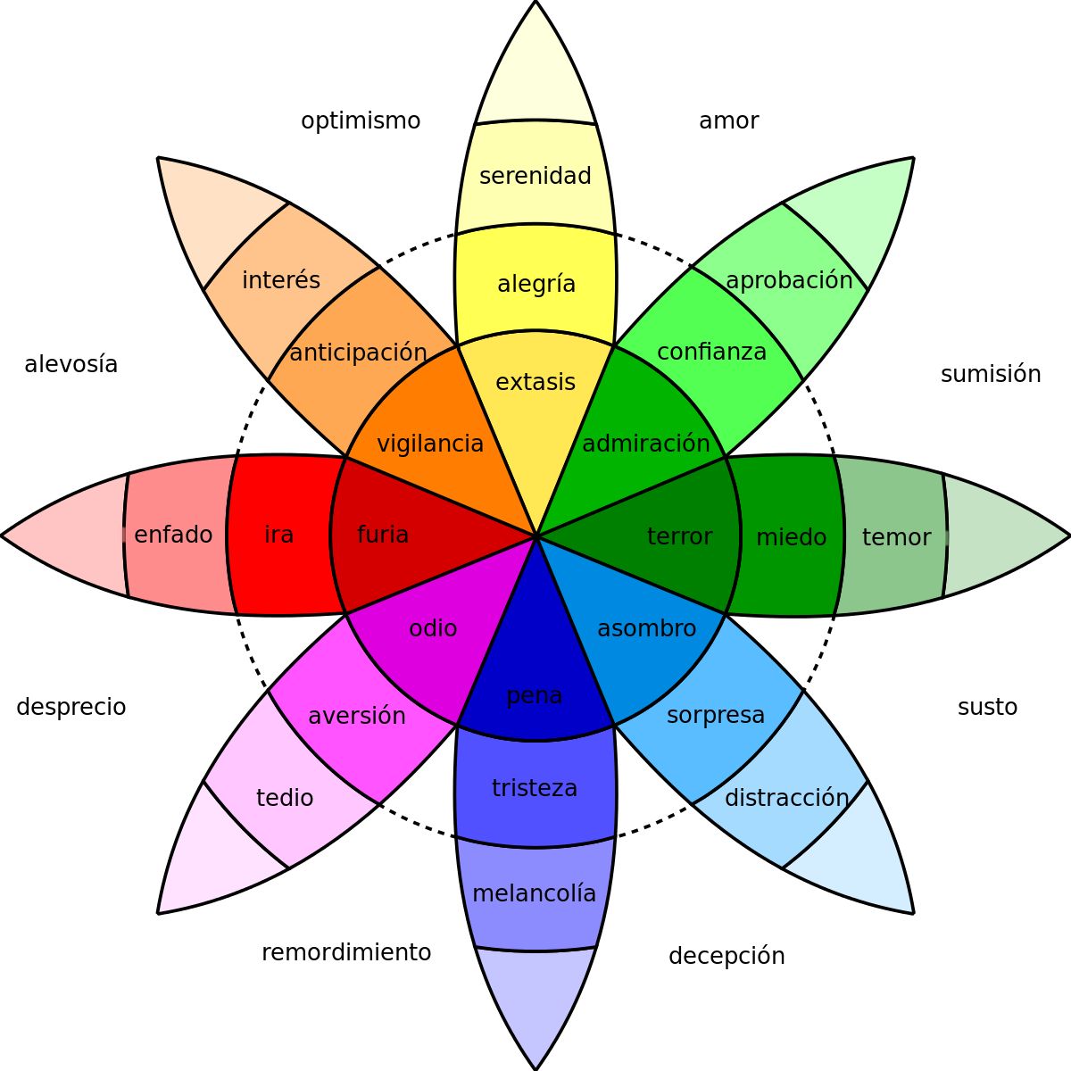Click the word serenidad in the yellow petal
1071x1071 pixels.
(x=535, y=176)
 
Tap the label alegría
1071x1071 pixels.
(x=536, y=285)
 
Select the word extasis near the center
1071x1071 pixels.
(x=535, y=382)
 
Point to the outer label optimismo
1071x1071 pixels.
(x=361, y=121)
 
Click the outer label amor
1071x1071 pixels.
(x=728, y=121)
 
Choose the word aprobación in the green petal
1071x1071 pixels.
(x=789, y=280)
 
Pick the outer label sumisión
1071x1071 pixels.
(x=991, y=375)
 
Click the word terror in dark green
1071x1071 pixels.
(x=680, y=536)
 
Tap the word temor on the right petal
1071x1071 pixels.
(x=896, y=537)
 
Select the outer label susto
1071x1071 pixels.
(x=987, y=708)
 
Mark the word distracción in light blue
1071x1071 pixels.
(x=786, y=798)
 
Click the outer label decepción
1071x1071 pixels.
(x=726, y=957)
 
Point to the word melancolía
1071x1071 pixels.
(x=534, y=893)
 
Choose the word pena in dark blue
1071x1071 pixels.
(x=534, y=695)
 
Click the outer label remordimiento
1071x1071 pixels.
(x=346, y=953)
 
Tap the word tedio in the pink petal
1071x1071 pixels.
(x=285, y=798)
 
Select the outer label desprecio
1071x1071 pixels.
(x=71, y=708)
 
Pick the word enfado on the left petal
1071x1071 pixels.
(x=173, y=535)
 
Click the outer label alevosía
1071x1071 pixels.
(x=71, y=365)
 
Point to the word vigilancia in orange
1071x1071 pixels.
(x=430, y=444)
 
